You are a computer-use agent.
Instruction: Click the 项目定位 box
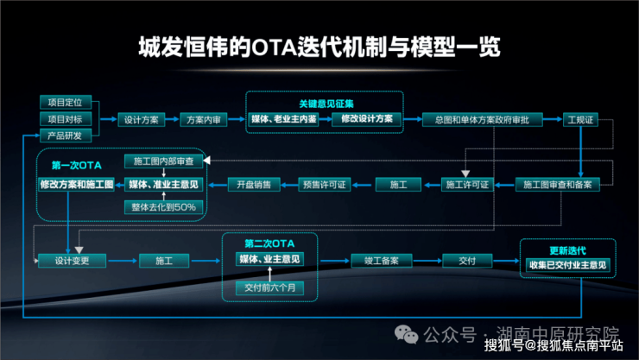click(66, 103)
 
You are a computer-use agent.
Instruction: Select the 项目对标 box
click(66, 119)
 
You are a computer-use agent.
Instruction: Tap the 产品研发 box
click(66, 136)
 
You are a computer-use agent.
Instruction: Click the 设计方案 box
click(141, 119)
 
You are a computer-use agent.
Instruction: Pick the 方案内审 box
click(205, 119)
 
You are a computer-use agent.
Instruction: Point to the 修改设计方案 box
click(366, 118)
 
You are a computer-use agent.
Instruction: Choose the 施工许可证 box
click(466, 184)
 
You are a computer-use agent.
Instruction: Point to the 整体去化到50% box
click(164, 207)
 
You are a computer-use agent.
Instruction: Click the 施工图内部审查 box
click(164, 161)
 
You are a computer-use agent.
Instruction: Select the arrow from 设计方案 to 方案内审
click(172, 119)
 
